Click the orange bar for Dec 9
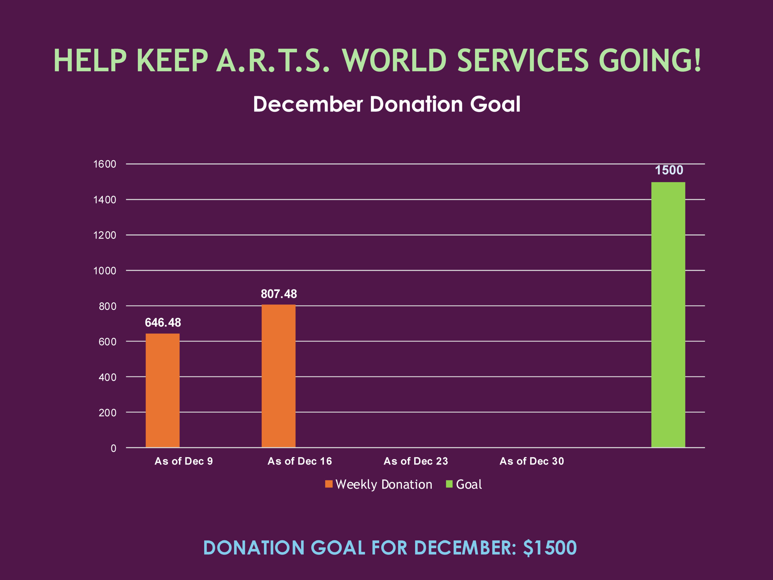click(x=162, y=390)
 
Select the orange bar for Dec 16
click(x=278, y=376)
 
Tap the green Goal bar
click(x=668, y=315)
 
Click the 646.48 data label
click(x=163, y=322)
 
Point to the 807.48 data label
click(x=279, y=294)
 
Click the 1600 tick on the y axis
click(x=104, y=164)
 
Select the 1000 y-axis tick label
click(x=104, y=271)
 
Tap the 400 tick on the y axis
click(x=107, y=377)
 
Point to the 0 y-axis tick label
click(x=113, y=448)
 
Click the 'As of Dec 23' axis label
click(x=415, y=461)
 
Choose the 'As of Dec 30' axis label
click(x=531, y=461)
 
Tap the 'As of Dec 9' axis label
click(x=184, y=461)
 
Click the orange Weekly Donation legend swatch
click(x=329, y=484)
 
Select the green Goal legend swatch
click(x=449, y=484)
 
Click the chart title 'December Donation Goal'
click(x=386, y=104)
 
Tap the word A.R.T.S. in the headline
click(x=273, y=60)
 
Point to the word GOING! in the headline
click(x=650, y=60)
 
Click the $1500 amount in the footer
click(x=550, y=547)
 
